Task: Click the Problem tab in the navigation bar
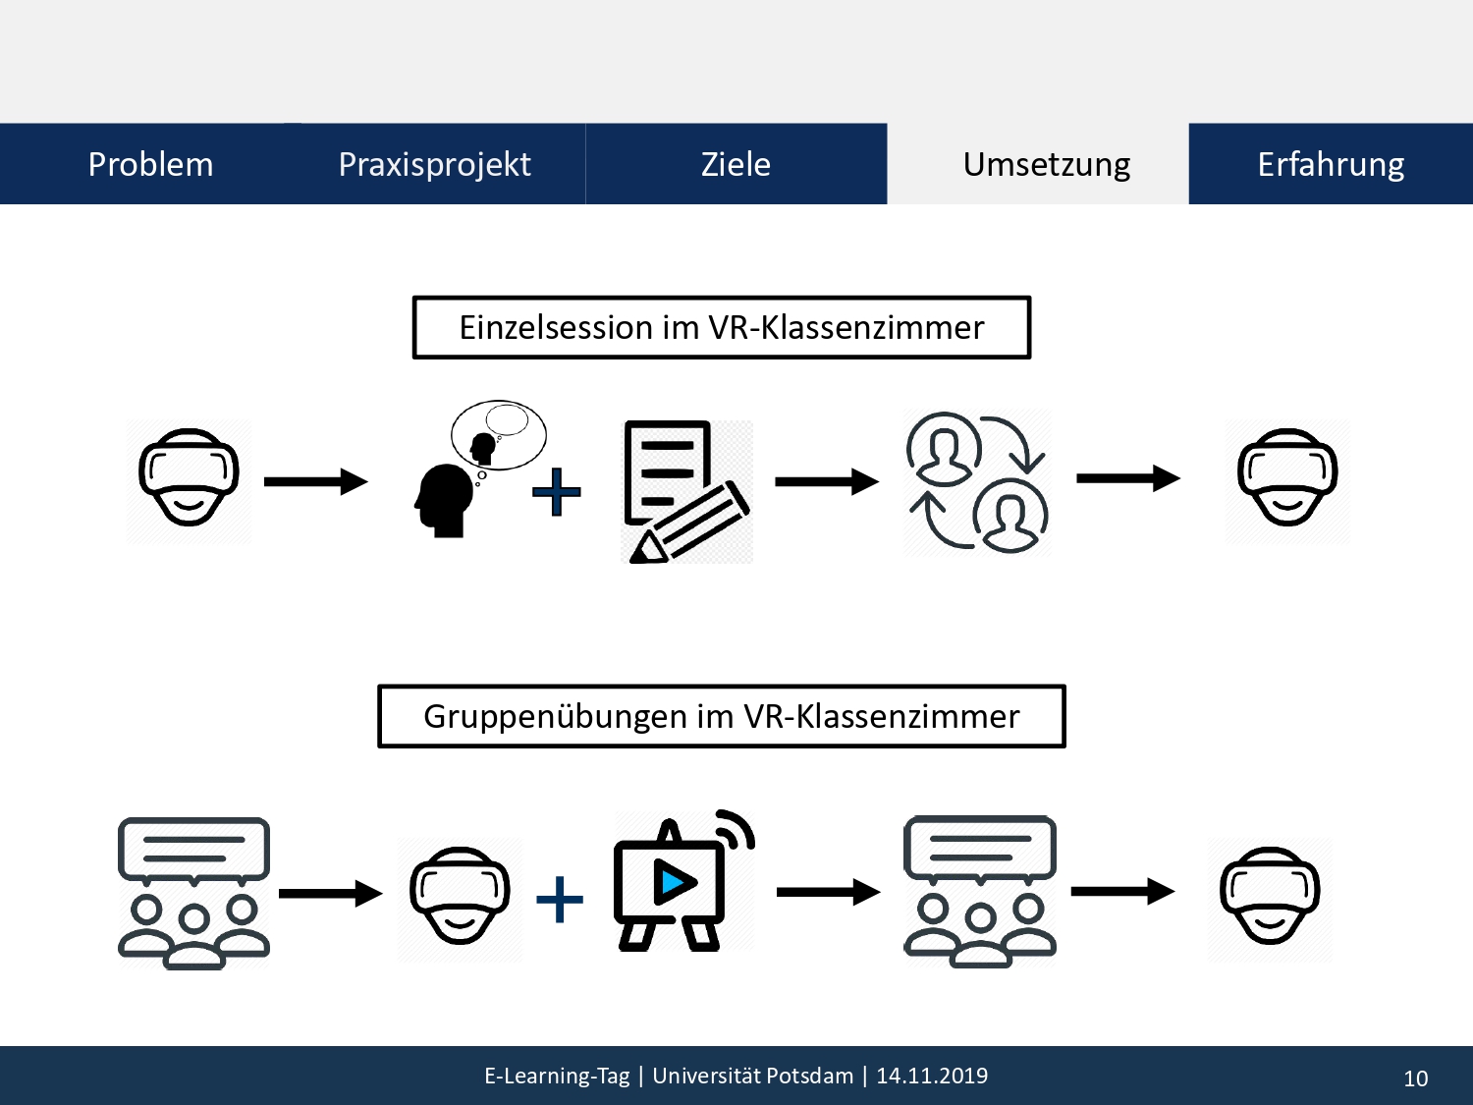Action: point(150,164)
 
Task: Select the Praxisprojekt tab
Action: point(435,164)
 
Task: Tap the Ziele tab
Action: point(736,164)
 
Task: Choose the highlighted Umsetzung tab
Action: point(1046,164)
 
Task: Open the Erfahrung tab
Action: point(1331,164)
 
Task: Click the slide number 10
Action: point(1415,1078)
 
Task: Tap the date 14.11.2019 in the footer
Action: point(932,1076)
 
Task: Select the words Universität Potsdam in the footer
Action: point(753,1076)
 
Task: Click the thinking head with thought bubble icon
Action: point(480,469)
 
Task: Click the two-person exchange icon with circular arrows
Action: point(977,481)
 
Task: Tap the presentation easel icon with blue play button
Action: point(684,880)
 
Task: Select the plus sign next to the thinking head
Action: point(557,492)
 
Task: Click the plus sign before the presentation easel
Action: point(560,899)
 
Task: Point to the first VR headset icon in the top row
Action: point(189,477)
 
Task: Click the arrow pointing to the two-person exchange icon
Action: point(827,481)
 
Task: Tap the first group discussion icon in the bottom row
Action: point(193,893)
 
